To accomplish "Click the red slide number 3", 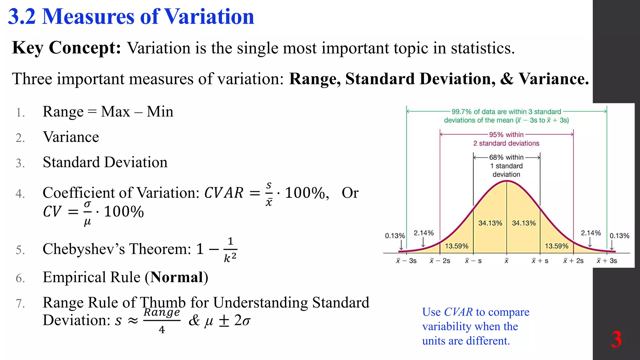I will [x=616, y=339].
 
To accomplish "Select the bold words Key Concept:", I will [x=66, y=48].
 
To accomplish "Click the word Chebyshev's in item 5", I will [x=84, y=249].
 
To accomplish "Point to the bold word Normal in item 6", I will [x=177, y=277].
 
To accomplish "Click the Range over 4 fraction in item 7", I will [x=162, y=320].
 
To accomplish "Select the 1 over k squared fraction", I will [x=230, y=250].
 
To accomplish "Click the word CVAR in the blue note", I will [x=458, y=312].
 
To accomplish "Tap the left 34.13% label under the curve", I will [x=490, y=223].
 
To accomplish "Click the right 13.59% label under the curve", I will [x=556, y=246].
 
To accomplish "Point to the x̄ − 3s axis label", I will [x=406, y=261].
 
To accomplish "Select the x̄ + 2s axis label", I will [x=573, y=261].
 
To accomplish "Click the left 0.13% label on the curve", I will [x=395, y=236].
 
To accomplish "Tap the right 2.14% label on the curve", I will [x=591, y=233].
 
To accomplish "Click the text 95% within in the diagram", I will [x=506, y=135].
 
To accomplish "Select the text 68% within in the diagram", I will [x=506, y=157].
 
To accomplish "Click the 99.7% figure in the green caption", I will [x=462, y=112].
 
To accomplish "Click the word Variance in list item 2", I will [x=71, y=137].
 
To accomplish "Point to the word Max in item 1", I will [x=115, y=112].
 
